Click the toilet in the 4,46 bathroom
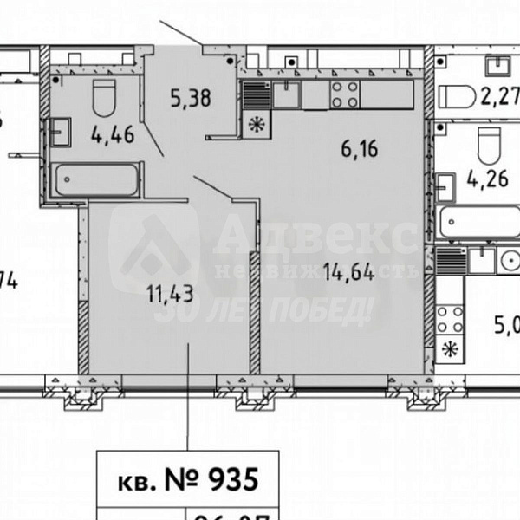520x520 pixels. (x=103, y=97)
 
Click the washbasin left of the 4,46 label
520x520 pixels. (x=62, y=133)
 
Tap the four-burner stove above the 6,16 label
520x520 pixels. (x=344, y=93)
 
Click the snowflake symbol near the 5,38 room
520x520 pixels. (x=255, y=122)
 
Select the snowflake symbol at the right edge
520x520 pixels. (x=449, y=350)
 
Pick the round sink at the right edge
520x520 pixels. (x=505, y=259)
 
